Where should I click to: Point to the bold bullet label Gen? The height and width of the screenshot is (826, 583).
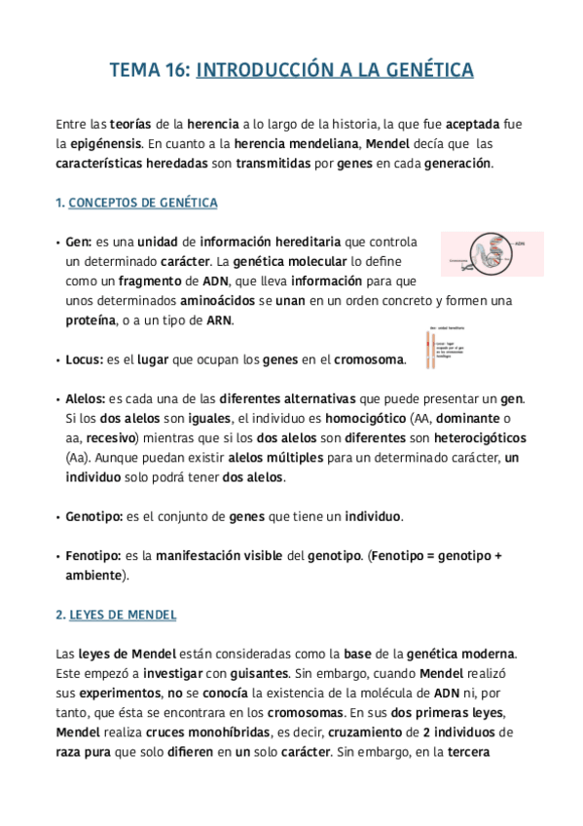pyautogui.click(x=78, y=242)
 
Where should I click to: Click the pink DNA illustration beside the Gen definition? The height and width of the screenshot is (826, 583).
pyautogui.click(x=492, y=252)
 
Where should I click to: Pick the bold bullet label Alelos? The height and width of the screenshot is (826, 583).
pyautogui.click(x=86, y=398)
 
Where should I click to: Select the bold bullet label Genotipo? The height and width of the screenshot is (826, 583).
pyautogui.click(x=93, y=515)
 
